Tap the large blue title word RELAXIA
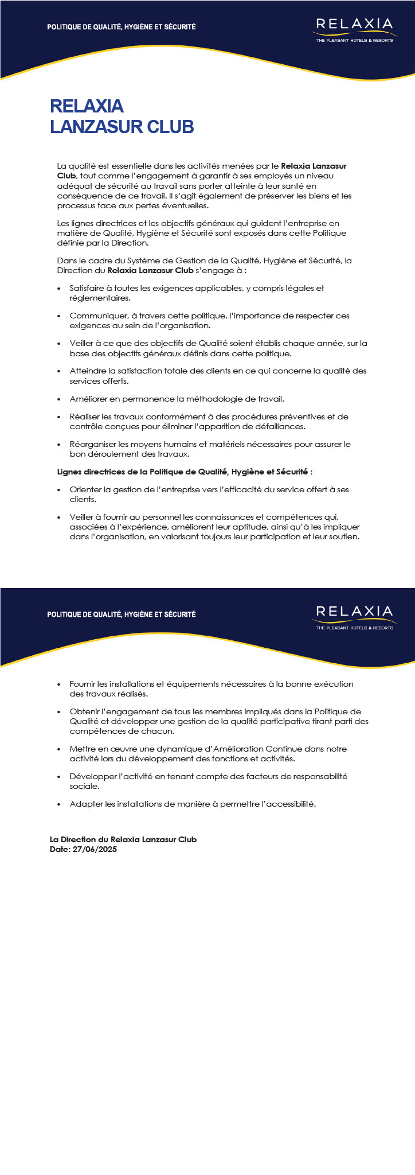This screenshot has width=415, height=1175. click(87, 106)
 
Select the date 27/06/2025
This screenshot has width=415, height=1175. click(95, 849)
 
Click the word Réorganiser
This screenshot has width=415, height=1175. click(91, 444)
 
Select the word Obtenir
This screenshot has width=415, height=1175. click(83, 711)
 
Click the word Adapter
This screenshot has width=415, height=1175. click(84, 804)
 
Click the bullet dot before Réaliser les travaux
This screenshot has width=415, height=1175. click(59, 417)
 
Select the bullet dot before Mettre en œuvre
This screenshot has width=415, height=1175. click(59, 749)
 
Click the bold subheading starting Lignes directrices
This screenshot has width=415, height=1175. click(185, 472)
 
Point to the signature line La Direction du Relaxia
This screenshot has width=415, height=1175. click(123, 839)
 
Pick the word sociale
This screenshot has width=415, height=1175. click(84, 786)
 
